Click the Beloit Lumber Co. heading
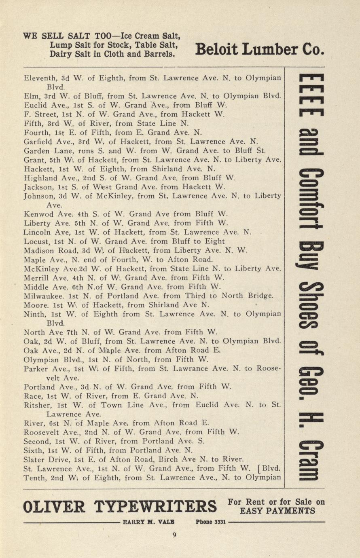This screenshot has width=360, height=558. tap(259, 49)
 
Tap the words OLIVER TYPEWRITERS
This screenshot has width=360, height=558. tap(120, 506)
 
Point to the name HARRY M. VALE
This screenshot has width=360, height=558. tap(149, 522)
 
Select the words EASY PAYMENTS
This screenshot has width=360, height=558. tap(277, 511)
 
